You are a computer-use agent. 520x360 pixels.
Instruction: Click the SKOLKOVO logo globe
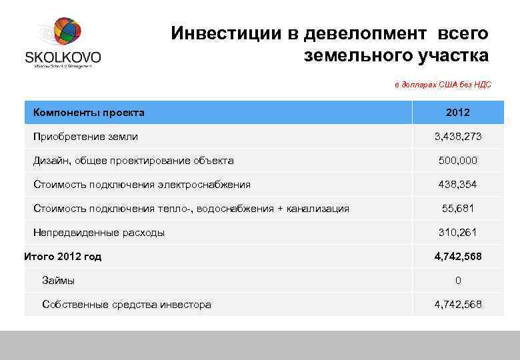pyautogui.click(x=63, y=34)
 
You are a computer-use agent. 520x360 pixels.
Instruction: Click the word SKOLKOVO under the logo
pyautogui.click(x=63, y=57)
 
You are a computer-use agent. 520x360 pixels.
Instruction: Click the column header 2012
pyautogui.click(x=458, y=113)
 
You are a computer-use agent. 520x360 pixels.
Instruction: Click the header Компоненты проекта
pyautogui.click(x=89, y=113)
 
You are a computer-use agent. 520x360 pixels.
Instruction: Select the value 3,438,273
pyautogui.click(x=458, y=137)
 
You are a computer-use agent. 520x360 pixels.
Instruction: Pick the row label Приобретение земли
pyautogui.click(x=85, y=137)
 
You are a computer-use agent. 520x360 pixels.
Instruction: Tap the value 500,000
pyautogui.click(x=458, y=161)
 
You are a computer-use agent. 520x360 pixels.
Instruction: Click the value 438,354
pyautogui.click(x=458, y=185)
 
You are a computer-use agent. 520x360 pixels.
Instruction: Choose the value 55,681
pyautogui.click(x=458, y=209)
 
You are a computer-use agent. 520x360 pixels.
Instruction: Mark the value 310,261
pyautogui.click(x=458, y=233)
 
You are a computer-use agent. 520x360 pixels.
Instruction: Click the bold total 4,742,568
pyautogui.click(x=458, y=257)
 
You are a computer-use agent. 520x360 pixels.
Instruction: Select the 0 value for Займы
pyautogui.click(x=458, y=281)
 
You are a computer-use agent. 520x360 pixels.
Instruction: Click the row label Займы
pyautogui.click(x=59, y=281)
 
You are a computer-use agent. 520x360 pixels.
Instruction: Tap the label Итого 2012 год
pyautogui.click(x=63, y=257)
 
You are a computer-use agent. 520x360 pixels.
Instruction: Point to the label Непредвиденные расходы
pyautogui.click(x=99, y=233)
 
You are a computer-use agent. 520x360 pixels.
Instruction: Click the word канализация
pyautogui.click(x=318, y=209)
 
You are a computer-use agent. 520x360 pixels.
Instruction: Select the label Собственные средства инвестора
pyautogui.click(x=127, y=305)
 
